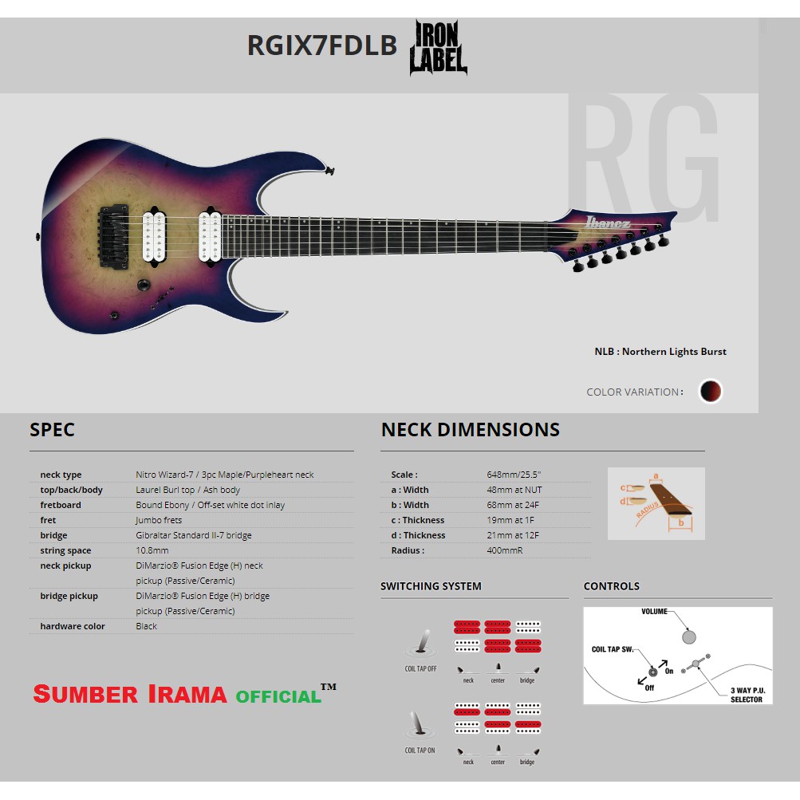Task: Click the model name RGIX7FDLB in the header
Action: point(321,45)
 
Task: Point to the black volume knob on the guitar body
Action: point(144,286)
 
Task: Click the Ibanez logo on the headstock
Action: point(609,222)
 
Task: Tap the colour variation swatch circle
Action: point(710,391)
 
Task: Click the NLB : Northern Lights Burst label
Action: point(660,352)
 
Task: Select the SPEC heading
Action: point(52,430)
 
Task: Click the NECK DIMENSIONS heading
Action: point(470,430)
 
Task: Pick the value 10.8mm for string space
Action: point(152,550)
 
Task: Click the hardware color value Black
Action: point(147,626)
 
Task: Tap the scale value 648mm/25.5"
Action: point(514,475)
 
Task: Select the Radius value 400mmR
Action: point(505,550)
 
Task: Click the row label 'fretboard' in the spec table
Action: point(60,505)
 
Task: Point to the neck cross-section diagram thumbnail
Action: point(656,503)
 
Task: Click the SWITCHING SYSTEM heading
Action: point(431,586)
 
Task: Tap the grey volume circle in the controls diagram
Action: point(689,636)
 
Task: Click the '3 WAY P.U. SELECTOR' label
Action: point(747,695)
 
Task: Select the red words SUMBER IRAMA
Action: point(131,694)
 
